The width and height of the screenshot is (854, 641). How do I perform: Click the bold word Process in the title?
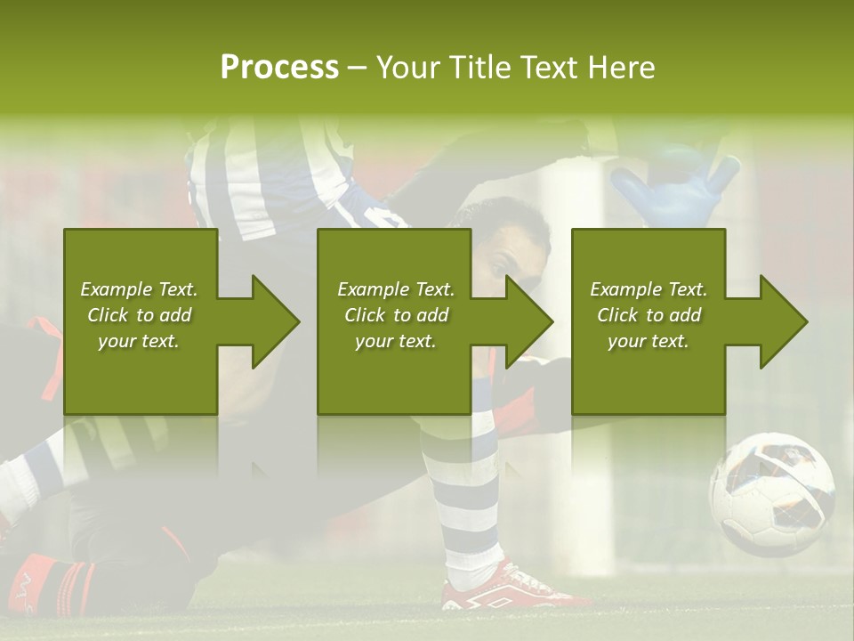(279, 68)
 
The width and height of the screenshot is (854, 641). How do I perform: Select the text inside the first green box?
(140, 315)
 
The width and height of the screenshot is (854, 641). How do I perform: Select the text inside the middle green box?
(395, 315)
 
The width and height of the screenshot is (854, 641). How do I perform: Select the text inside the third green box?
(649, 315)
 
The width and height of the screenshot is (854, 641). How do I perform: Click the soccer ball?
(771, 494)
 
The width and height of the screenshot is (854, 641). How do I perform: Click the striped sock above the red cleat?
(463, 499)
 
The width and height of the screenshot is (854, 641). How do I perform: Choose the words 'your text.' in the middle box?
(395, 341)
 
